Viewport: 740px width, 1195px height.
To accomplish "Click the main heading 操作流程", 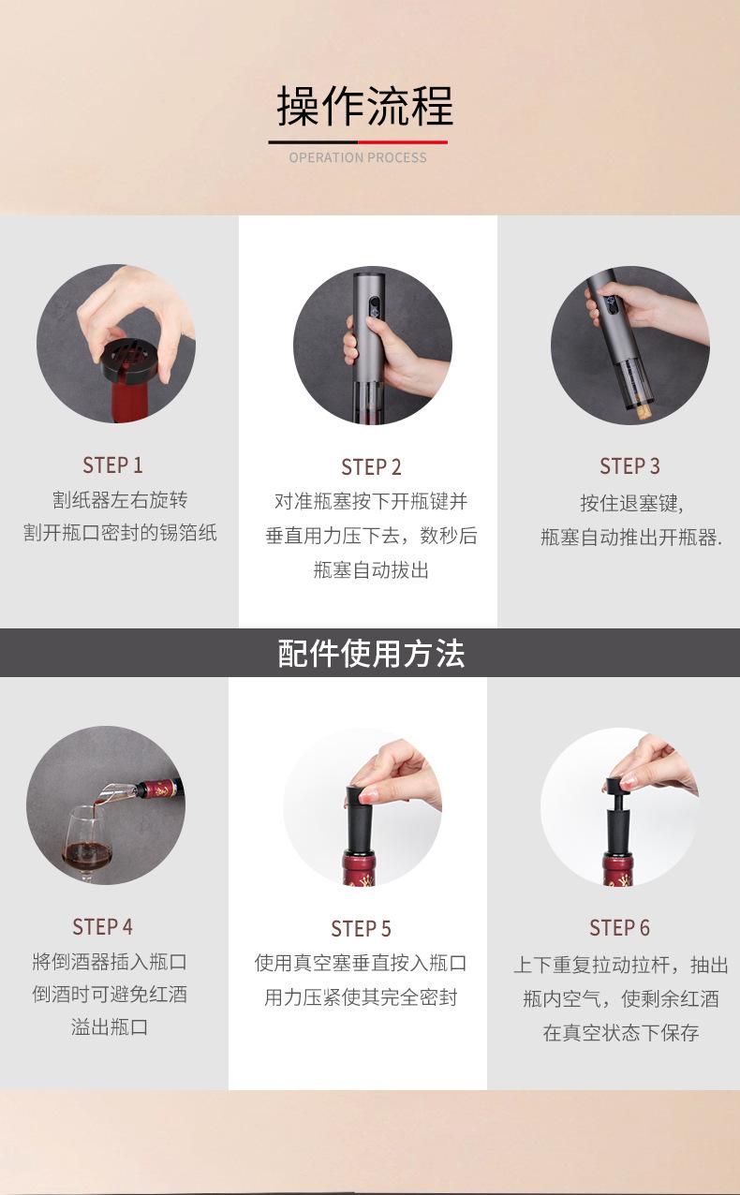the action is coord(365,106).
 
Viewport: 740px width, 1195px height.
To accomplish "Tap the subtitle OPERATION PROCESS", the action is coord(358,158).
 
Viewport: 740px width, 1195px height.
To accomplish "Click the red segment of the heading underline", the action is coord(403,142).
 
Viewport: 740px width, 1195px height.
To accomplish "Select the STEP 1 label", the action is coord(112,465).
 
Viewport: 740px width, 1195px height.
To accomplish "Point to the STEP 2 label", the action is coord(371,467).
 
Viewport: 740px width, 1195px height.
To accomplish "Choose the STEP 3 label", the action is coord(629,466).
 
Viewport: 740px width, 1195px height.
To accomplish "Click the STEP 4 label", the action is coord(102,927).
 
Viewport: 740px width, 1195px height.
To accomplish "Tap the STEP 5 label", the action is coord(361,929).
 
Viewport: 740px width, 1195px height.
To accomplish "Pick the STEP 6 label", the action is coord(619,928).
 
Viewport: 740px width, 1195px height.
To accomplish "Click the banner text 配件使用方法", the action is coord(371,653).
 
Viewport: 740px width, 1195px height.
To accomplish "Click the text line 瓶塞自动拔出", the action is coord(371,570).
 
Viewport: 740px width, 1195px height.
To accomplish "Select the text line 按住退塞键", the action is coord(631,503).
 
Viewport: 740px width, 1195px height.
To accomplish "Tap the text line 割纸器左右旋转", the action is coord(120,500).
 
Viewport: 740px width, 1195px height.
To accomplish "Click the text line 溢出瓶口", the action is coord(110,1027).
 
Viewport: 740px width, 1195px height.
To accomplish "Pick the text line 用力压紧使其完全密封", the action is coord(361,997).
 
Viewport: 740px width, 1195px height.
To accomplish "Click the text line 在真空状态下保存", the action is coord(620,1033).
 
